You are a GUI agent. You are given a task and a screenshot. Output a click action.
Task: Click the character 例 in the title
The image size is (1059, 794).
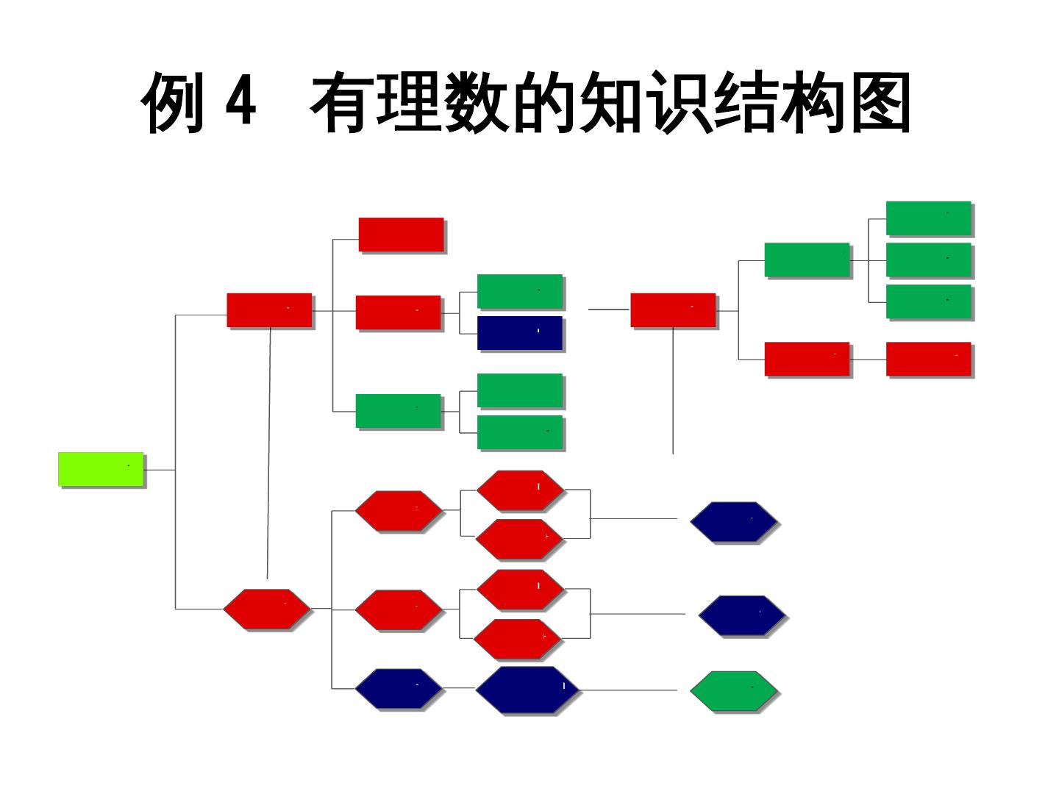(x=172, y=103)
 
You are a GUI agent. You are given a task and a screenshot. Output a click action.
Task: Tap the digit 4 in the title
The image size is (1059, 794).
(x=240, y=103)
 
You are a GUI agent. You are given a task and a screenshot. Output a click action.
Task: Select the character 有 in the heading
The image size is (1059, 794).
(x=343, y=103)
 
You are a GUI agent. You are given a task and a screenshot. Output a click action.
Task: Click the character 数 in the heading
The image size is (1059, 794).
(x=478, y=103)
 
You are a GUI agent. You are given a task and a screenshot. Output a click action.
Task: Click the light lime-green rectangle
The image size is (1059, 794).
(x=101, y=469)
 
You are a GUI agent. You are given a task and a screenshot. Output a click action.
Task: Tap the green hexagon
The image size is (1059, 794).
(x=733, y=691)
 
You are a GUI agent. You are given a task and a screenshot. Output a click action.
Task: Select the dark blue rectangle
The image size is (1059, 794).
(x=519, y=333)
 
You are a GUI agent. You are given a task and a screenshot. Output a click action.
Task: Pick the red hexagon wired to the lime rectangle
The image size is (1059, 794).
(x=267, y=609)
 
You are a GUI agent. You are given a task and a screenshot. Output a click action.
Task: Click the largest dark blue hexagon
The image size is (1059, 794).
(x=526, y=690)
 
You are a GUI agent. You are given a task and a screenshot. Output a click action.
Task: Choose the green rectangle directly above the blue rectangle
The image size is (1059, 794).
(x=519, y=291)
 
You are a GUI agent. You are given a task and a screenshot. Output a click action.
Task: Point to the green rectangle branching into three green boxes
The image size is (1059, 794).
(x=807, y=260)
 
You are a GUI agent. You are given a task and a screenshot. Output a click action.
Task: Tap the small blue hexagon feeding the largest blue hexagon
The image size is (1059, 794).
(x=399, y=689)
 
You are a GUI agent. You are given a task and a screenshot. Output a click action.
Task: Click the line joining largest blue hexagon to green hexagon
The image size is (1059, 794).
(x=629, y=690)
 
